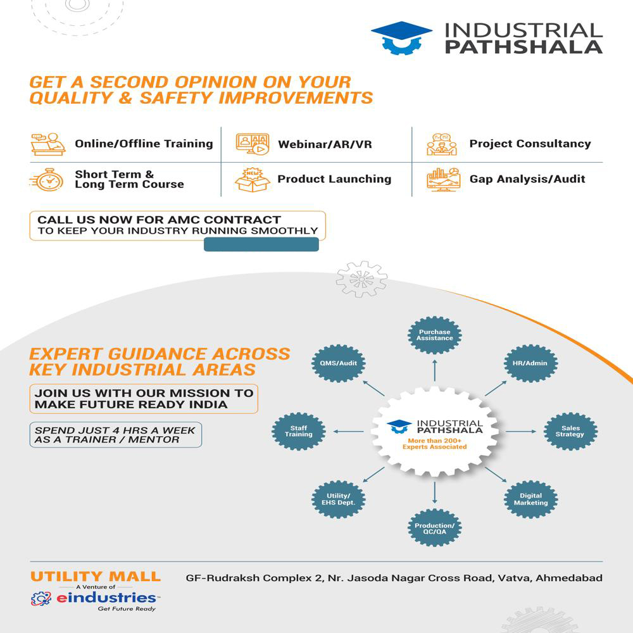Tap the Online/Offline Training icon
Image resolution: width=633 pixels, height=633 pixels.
[x=48, y=144]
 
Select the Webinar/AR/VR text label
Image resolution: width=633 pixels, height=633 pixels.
[x=325, y=144]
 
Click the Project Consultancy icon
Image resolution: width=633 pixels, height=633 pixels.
[x=441, y=144]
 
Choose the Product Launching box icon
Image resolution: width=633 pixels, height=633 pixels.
[x=252, y=180]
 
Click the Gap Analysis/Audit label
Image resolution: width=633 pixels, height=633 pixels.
[x=527, y=179]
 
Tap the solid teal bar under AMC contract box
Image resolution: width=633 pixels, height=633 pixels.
[x=261, y=245]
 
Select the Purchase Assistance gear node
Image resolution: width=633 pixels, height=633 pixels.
[x=435, y=335]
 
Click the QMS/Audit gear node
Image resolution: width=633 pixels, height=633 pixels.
[x=339, y=363]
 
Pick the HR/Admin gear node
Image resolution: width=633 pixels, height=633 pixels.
[x=530, y=363]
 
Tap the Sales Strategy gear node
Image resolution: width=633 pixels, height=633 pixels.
[x=571, y=432]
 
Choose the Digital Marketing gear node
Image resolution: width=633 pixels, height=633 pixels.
[x=530, y=499]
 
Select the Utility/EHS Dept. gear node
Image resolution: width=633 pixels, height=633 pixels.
[x=339, y=499]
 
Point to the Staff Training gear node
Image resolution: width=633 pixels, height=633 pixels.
[x=299, y=432]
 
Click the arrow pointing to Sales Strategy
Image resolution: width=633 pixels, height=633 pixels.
[x=520, y=432]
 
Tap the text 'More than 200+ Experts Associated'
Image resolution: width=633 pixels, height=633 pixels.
[x=435, y=443]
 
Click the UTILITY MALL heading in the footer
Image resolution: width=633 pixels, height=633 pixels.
[x=96, y=577]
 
